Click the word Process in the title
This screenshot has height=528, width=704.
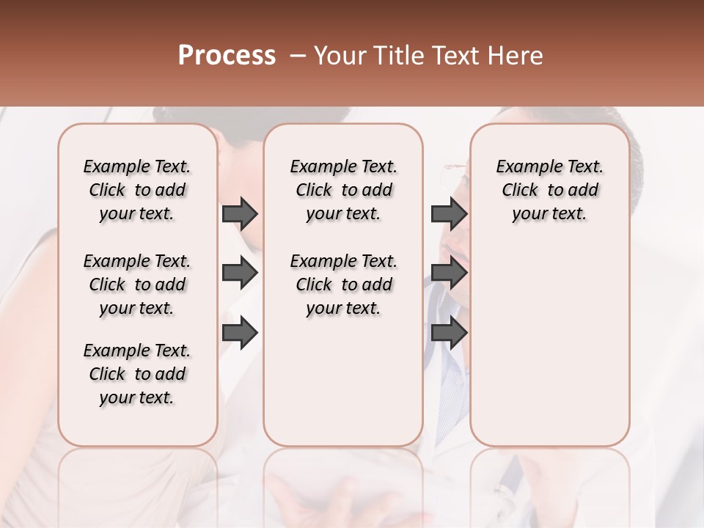click(227, 56)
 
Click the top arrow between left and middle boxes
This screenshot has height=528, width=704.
click(240, 213)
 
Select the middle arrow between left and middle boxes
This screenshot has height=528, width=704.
click(240, 273)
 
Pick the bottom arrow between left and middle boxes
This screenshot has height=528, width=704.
click(240, 333)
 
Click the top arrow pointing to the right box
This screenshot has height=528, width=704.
click(449, 213)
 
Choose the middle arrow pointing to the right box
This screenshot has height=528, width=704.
click(449, 273)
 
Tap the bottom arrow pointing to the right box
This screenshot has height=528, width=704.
click(449, 333)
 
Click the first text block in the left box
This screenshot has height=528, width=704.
click(137, 190)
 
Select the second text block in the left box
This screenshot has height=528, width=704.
click(137, 285)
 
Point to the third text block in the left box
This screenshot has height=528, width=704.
click(137, 374)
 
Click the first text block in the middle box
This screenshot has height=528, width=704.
click(343, 190)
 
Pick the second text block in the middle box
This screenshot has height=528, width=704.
click(343, 285)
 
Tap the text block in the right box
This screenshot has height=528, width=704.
click(549, 190)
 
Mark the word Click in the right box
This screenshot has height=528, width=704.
click(520, 191)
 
